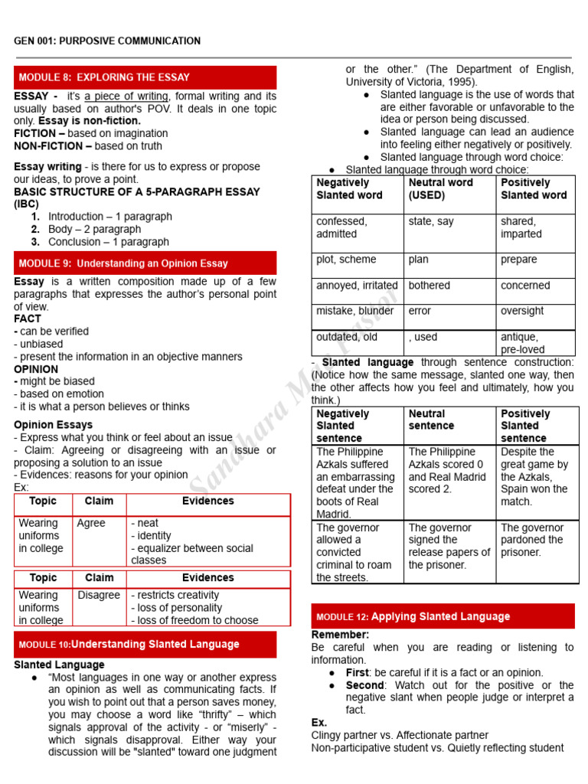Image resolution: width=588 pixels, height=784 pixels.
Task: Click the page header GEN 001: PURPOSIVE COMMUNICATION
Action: tap(107, 41)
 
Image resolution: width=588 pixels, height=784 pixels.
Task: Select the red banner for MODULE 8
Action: tap(145, 77)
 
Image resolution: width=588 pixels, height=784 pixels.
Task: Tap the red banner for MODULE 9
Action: tap(145, 263)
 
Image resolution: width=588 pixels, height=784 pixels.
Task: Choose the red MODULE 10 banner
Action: tap(145, 645)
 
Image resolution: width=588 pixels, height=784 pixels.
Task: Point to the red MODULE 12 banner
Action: tap(443, 616)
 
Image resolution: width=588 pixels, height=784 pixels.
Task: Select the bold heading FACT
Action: tap(28, 318)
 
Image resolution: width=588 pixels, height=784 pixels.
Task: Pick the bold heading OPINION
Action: tap(36, 369)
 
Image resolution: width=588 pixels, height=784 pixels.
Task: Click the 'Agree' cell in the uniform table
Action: tap(91, 524)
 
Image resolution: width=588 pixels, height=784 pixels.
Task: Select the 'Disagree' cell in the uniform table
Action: tap(99, 595)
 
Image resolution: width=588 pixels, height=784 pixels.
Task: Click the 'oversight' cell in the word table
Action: tap(522, 311)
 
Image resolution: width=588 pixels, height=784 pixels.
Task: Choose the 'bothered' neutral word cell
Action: tap(430, 286)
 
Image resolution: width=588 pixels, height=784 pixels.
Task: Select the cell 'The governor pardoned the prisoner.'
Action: tap(533, 541)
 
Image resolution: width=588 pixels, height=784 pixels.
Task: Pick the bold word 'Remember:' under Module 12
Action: tap(340, 635)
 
